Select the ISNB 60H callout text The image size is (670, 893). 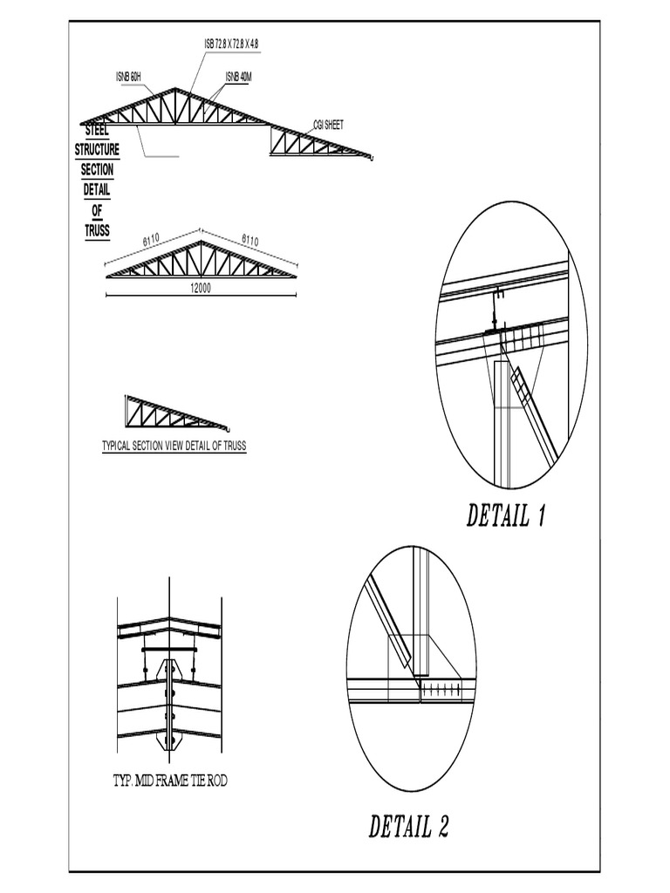coord(130,77)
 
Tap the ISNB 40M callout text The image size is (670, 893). coord(238,77)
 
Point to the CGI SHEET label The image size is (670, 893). coord(329,125)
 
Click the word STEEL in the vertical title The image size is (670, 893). coord(96,132)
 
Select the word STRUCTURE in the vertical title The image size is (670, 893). coord(97,150)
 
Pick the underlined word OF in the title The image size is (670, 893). coord(97,210)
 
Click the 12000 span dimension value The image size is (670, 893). coord(201,289)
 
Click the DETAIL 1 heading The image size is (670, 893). coord(506,516)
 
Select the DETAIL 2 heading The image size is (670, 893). coord(409,826)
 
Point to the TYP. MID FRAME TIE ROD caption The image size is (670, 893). coord(170,781)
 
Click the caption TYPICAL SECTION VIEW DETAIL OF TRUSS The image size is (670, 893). coord(174,446)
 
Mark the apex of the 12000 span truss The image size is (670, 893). coord(202,242)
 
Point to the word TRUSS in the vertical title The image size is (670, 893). coord(97,230)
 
